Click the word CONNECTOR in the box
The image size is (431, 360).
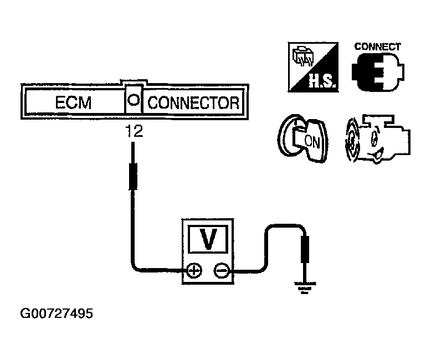coord(193,104)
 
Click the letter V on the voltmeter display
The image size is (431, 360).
coord(208,239)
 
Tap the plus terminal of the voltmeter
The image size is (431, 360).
coord(194,270)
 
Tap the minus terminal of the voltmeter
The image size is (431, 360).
coord(221,270)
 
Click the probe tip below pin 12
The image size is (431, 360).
coord(133,176)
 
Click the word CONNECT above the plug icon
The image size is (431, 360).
coord(377,47)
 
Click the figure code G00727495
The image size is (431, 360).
coord(57,314)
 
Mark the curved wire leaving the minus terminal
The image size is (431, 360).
coord(266,244)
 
